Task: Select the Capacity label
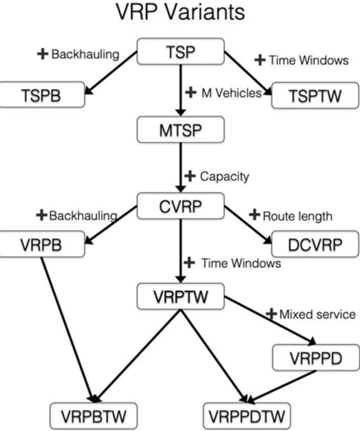(223, 176)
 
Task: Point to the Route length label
(296, 216)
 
